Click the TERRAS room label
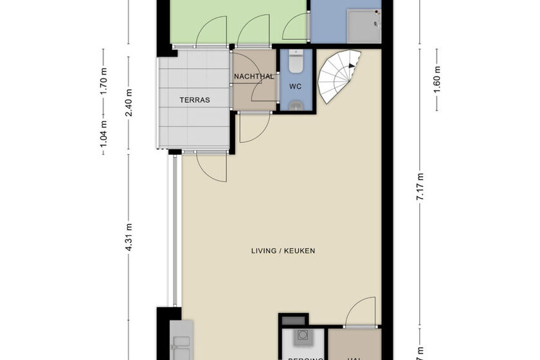[194, 100]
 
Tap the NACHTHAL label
[254, 76]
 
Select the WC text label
[296, 86]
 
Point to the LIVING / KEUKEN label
[283, 251]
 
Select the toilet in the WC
[296, 62]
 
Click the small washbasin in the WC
[296, 105]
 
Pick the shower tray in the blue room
[364, 25]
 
